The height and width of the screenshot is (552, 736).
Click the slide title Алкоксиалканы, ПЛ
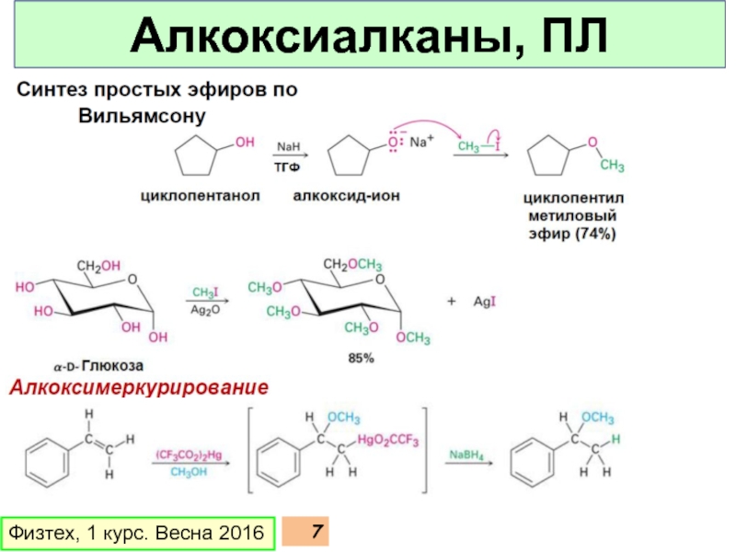click(368, 38)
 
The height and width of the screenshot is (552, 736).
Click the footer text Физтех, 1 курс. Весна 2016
click(135, 533)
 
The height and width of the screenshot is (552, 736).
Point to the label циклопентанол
click(201, 195)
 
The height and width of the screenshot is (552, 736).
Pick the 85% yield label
click(360, 358)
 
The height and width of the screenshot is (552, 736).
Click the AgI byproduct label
click(485, 301)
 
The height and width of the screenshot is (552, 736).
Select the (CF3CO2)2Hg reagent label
click(188, 454)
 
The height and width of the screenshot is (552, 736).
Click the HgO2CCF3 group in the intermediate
click(388, 442)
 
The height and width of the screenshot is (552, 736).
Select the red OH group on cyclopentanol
click(244, 142)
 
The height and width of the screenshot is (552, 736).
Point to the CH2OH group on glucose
click(98, 266)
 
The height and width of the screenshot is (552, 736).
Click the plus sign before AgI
click(452, 301)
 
